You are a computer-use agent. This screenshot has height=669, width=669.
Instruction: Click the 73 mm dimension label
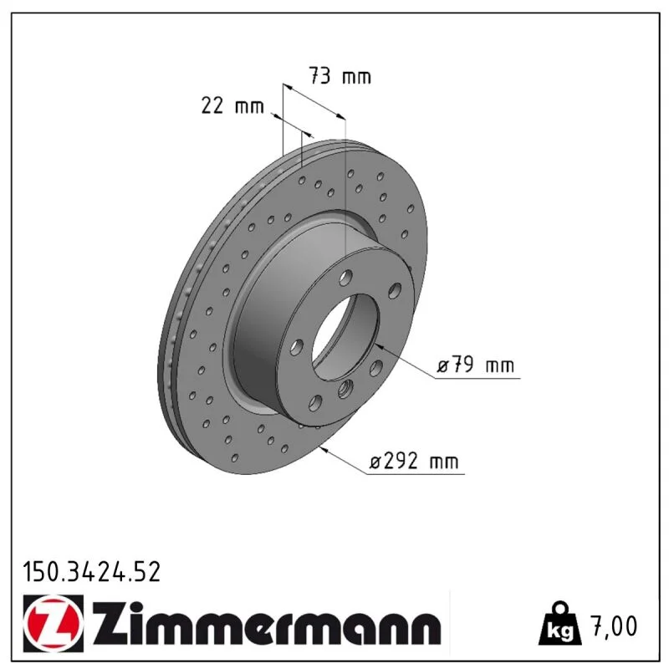pos(340,76)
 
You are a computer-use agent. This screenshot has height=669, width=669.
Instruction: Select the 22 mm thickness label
pos(232,105)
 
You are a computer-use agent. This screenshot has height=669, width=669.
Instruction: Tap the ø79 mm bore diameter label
pos(476,365)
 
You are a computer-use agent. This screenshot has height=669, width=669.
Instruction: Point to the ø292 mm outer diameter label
pos(414,462)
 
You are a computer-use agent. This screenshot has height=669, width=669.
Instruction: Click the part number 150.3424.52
pos(92,572)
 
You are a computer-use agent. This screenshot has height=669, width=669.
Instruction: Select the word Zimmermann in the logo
pos(268,623)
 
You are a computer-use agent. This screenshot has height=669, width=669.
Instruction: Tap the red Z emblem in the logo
pos(54,623)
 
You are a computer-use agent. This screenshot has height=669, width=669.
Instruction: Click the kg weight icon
pos(560,624)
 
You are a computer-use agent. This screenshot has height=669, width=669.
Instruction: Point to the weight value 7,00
pos(615,626)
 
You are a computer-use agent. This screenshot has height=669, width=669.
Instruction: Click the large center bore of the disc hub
pos(345,337)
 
